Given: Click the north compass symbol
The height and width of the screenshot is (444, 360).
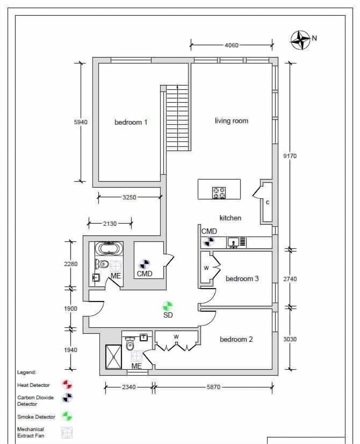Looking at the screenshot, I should coord(300,40).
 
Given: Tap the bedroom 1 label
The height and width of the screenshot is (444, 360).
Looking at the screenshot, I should coord(131,122).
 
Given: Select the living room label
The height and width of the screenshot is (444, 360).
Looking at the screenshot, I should coord(231,121).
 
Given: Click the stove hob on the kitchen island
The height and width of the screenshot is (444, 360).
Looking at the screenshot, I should coord(219,193).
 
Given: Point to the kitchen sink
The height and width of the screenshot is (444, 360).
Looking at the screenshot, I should coord(234,243).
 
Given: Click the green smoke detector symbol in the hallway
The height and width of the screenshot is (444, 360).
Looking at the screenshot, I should coord(168,306).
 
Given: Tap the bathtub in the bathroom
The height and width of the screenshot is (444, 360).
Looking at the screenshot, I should coord(109,248).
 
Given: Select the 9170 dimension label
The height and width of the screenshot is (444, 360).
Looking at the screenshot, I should coord(290,156).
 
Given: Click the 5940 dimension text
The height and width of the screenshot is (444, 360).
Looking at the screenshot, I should coord(81,122).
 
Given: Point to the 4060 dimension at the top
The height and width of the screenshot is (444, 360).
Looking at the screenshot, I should coord(231,45).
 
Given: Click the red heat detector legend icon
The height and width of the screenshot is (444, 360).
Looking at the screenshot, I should coord(67,385).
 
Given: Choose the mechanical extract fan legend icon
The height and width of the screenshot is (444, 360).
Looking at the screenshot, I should coord(67,433).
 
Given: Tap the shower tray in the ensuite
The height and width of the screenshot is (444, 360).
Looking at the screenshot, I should coord(113,357).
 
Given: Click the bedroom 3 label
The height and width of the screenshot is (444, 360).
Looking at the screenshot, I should coord(242,279).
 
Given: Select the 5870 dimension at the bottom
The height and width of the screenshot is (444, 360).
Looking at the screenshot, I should coord(213,387).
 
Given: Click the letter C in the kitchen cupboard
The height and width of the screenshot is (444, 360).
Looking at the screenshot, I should coord(267,202).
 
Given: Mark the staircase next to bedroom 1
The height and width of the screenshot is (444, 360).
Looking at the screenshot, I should coord(177,118).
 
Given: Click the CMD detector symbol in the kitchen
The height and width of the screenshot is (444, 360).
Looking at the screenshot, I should coord(209,241).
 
